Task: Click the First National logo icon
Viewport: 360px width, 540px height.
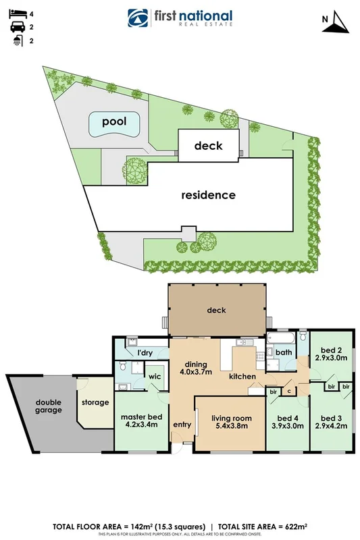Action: (x=139, y=18)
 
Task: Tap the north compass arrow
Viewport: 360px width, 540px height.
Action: (x=336, y=23)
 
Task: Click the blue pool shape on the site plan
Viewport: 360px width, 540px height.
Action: (x=114, y=123)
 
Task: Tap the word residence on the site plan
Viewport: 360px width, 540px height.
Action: (x=208, y=195)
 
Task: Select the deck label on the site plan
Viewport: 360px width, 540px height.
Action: (x=208, y=145)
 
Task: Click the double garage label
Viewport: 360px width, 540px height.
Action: (x=49, y=406)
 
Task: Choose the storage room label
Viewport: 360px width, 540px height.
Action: (x=95, y=402)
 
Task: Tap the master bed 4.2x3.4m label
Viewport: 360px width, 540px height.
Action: (x=140, y=421)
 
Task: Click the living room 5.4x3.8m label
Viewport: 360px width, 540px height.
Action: (x=231, y=423)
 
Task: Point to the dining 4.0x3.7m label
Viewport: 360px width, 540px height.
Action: (x=196, y=367)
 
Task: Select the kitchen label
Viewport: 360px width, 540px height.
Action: (x=241, y=376)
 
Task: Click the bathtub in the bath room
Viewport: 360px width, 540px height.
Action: (x=282, y=335)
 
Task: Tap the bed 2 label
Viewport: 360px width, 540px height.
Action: (x=330, y=354)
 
